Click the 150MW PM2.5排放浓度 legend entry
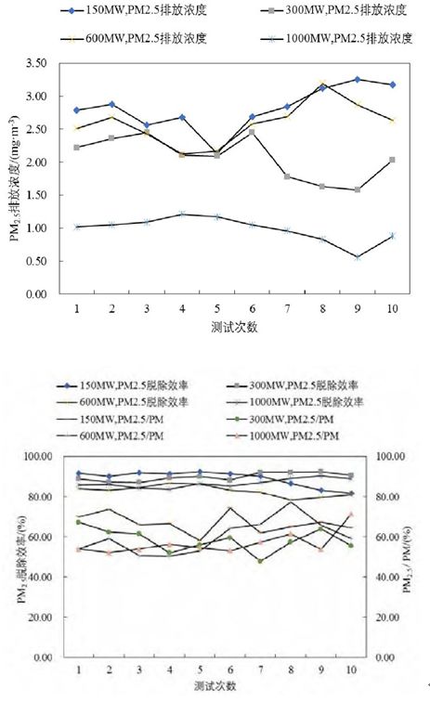click(134, 10)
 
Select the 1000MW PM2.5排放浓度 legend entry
click(336, 38)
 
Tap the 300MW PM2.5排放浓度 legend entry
click(333, 10)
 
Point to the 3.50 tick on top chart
click(36, 63)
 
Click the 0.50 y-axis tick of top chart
click(36, 261)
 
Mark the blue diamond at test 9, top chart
click(358, 79)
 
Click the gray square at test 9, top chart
click(358, 189)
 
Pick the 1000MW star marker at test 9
click(358, 257)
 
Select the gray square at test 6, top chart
click(252, 132)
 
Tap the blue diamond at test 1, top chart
click(76, 110)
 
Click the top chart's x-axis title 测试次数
click(234, 327)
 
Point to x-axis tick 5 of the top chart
click(217, 308)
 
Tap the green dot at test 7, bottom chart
click(260, 561)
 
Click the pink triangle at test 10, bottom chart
click(351, 514)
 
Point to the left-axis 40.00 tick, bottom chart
click(43, 577)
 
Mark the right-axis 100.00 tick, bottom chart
click(390, 456)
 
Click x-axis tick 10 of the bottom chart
click(351, 669)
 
